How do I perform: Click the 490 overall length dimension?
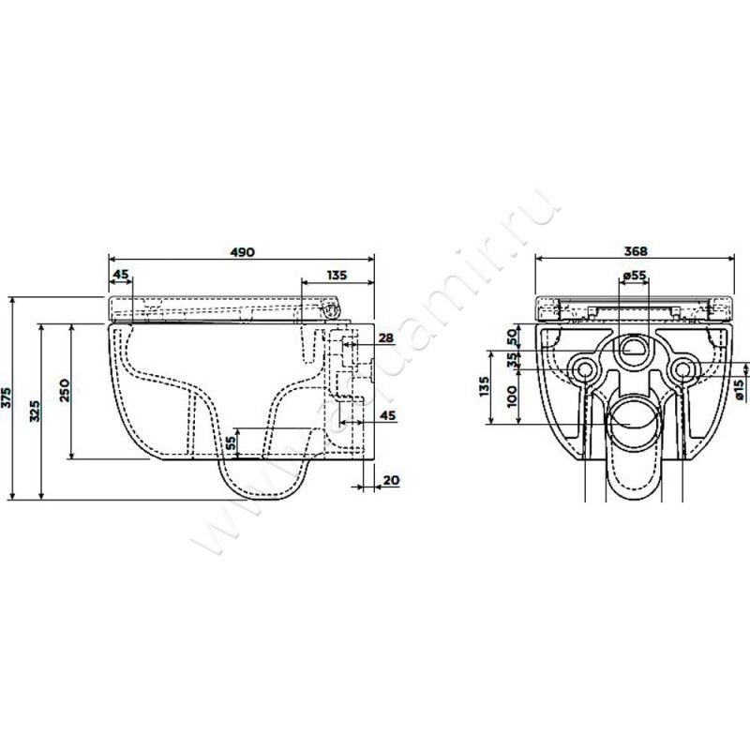click(243, 251)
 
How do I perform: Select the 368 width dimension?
click(637, 251)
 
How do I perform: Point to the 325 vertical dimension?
click(36, 410)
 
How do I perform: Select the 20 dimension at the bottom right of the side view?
click(392, 480)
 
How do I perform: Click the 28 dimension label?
click(384, 337)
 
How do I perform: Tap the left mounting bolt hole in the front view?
click(585, 369)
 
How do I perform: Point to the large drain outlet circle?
click(633, 427)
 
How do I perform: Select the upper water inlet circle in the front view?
click(634, 351)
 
